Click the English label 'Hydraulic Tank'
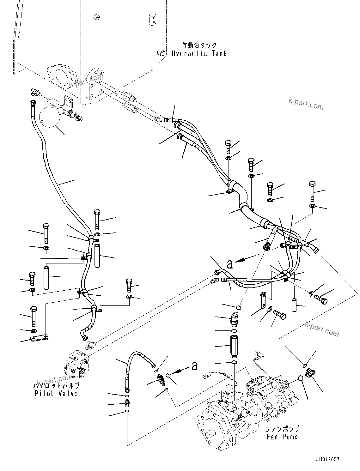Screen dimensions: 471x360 199,54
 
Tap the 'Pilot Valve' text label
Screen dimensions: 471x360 56,393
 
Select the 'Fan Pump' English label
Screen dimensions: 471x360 282,437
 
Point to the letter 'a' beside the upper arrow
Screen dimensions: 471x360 230,264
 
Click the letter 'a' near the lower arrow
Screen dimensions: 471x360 195,366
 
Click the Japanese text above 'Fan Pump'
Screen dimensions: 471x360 282,429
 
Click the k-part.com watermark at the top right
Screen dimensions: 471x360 306,103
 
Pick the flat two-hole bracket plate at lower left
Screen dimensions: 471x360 40,339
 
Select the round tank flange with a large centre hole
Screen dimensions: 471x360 62,77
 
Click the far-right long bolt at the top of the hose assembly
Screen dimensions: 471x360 312,191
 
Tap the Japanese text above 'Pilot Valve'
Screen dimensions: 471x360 56,386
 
